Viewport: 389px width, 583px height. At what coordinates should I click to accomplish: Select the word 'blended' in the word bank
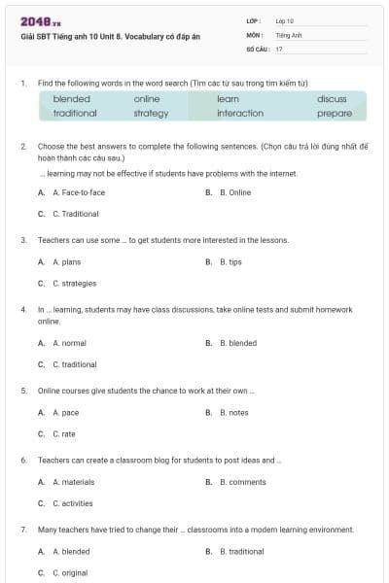point(72,99)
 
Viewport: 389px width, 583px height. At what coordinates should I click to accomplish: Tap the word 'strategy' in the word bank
point(151,113)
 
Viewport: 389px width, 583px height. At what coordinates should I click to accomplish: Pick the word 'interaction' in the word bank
point(240,113)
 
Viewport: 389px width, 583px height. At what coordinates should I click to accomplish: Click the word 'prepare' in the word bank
point(335,113)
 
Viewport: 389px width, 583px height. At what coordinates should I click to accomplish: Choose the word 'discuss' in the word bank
point(332,99)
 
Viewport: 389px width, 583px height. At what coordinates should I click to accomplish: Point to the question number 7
point(22,530)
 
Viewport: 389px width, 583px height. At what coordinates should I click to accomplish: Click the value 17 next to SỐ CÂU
point(279,48)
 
